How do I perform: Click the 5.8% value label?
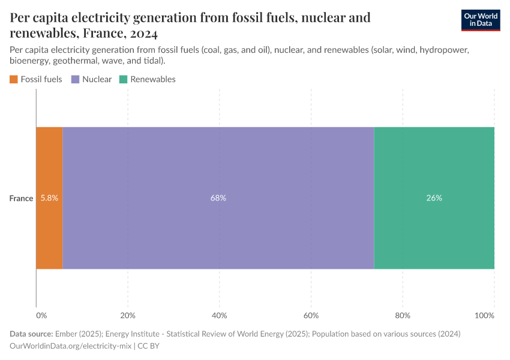pos(49,198)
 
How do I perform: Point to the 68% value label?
pos(218,198)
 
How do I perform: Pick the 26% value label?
pos(434,198)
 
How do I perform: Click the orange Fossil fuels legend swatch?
pos(14,79)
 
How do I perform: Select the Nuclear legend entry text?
pos(97,79)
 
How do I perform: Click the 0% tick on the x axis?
pos(41,315)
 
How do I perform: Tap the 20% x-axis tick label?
pos(127,315)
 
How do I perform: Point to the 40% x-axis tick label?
pos(219,315)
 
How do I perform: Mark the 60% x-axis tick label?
pos(311,315)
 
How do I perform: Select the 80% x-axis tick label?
pos(403,315)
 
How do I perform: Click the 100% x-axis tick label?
pos(484,315)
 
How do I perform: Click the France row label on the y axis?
pos(21,198)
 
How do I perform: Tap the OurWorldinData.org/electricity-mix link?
pos(71,346)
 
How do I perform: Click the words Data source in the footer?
pos(31,334)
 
